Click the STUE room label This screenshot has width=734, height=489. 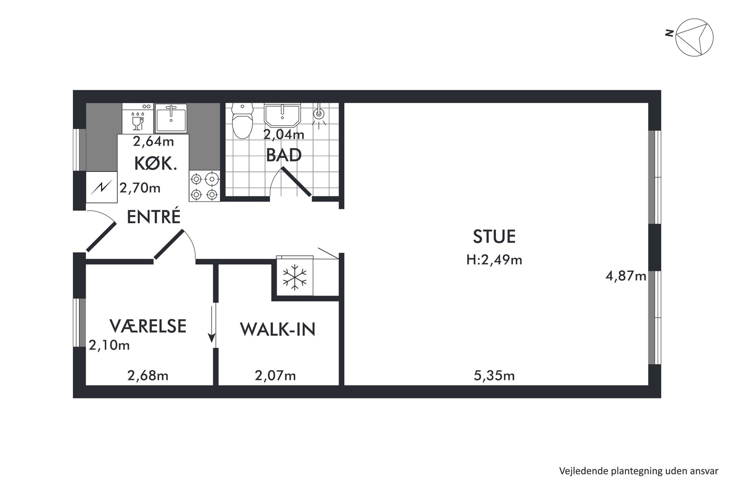tap(494, 237)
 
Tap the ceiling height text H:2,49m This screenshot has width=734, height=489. tap(494, 260)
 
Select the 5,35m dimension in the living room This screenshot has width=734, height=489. tap(494, 376)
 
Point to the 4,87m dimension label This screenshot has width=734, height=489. tap(626, 276)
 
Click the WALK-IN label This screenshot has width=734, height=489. tap(277, 329)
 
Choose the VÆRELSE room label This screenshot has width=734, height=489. tap(148, 326)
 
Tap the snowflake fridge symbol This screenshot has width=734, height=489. tap(294, 277)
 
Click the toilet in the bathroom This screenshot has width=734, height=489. tap(242, 121)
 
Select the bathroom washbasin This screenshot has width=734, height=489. tap(282, 115)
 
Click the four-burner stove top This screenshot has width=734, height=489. tap(204, 186)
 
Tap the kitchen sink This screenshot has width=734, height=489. tap(171, 118)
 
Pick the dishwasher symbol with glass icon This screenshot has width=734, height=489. tap(138, 118)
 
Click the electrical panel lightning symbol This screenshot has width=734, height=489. tap(101, 187)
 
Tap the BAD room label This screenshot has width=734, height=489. tap(284, 155)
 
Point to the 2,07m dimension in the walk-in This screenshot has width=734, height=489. tap(275, 376)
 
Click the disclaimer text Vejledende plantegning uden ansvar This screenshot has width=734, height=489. tap(639, 471)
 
